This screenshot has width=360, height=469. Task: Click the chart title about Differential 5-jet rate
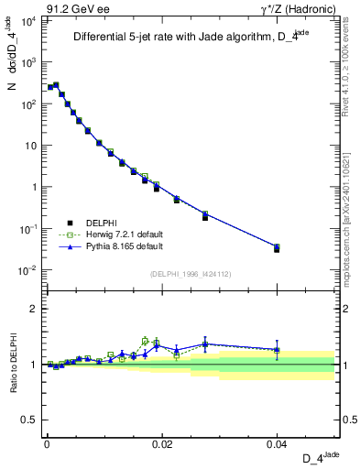click(193, 38)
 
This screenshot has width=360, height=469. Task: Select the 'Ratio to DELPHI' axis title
click(12, 365)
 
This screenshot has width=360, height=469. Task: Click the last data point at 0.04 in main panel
click(277, 247)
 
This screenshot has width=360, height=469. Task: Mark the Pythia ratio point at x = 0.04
click(277, 349)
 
